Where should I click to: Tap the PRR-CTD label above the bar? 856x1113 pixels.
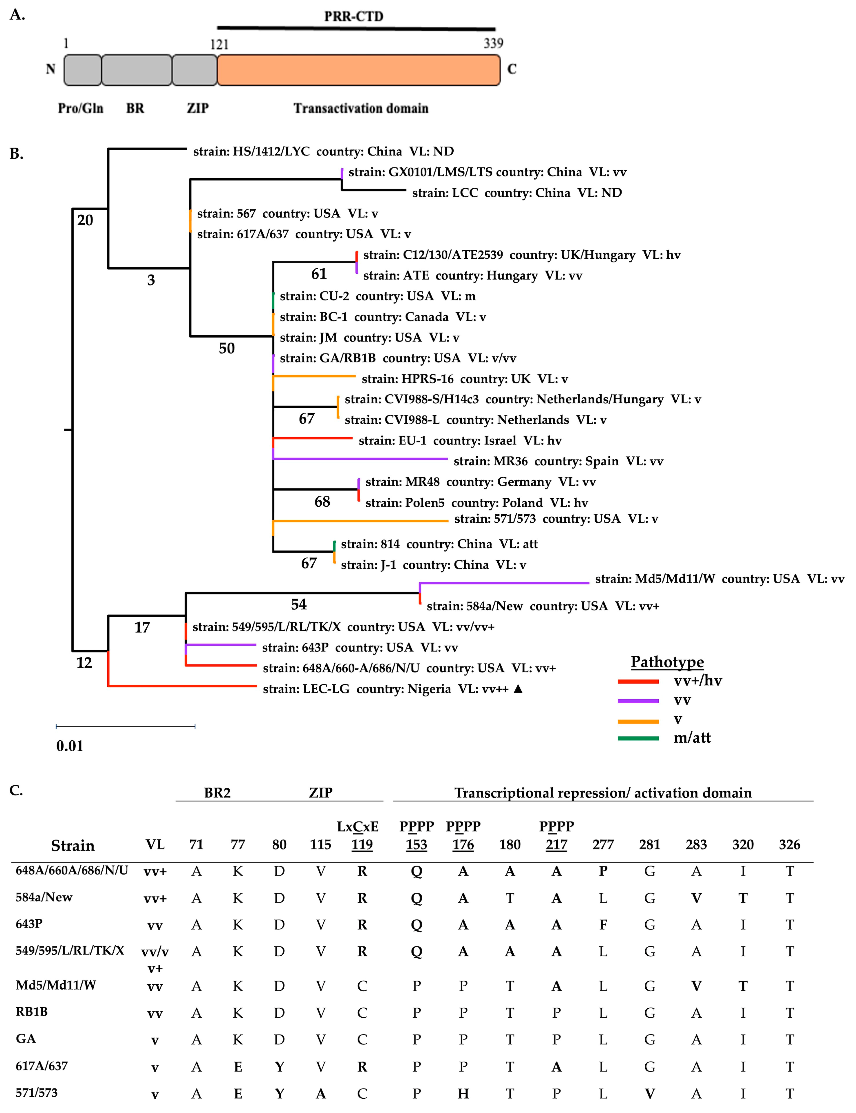click(354, 16)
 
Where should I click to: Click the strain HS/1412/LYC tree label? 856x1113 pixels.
click(323, 151)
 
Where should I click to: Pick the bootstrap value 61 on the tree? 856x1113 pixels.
click(319, 274)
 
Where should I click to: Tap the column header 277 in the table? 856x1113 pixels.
click(603, 845)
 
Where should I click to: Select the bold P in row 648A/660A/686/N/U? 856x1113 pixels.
click(603, 871)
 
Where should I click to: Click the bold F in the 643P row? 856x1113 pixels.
click(603, 924)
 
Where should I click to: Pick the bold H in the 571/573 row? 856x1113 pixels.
click(463, 1094)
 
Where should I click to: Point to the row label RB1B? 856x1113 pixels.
click(32, 1012)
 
